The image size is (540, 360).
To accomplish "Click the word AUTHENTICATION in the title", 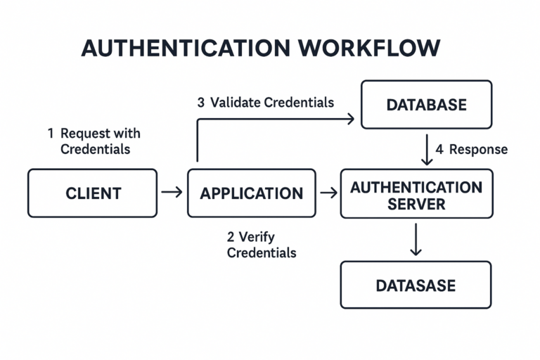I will coord(184,48).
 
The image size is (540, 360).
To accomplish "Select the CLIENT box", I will coord(93,193).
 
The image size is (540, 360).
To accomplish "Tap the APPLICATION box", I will coord(251,193).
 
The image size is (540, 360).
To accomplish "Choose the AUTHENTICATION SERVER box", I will coord(416,195).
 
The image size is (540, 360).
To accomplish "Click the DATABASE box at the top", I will coord(426,105).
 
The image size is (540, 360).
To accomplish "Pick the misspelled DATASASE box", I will coord(416,285).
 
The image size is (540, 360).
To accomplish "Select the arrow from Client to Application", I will coord(172,192).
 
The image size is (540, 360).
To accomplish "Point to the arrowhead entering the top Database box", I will coord(349,119).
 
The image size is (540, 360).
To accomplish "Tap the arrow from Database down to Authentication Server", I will coord(427,150).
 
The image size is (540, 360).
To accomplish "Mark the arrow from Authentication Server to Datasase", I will coord(416,240).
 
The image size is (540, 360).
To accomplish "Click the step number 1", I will coord(51,133).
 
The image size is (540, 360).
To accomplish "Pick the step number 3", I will coord(200,103).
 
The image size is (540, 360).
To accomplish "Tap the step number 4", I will coord(439,149).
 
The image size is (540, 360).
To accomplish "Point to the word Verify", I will coord(261,237).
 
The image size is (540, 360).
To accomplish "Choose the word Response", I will coord(478,150).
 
